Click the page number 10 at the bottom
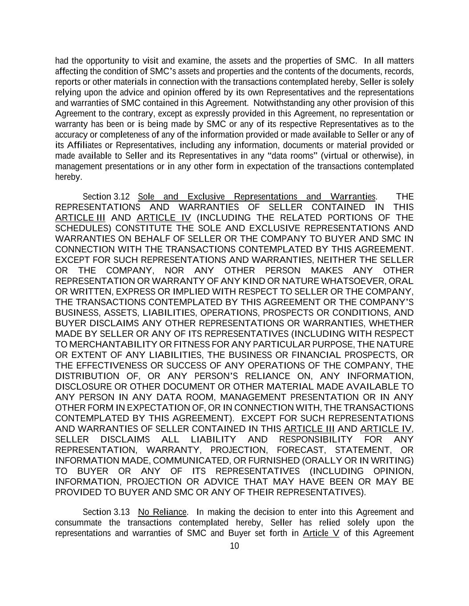click(x=234, y=546)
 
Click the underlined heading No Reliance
click(x=162, y=512)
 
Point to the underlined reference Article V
click(x=321, y=533)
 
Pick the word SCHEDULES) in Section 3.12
click(x=83, y=228)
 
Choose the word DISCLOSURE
click(x=83, y=387)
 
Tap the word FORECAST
click(x=305, y=450)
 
